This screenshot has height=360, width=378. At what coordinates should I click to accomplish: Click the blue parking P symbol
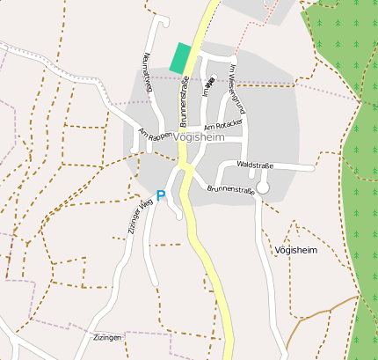(161, 195)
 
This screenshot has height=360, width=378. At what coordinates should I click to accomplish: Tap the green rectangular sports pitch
(180, 58)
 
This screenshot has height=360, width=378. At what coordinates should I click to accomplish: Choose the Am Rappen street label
(155, 136)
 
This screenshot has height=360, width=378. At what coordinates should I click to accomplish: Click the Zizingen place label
(106, 337)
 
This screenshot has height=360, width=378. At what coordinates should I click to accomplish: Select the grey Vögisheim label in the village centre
(200, 137)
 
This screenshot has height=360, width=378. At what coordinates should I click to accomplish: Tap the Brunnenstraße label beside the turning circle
(230, 189)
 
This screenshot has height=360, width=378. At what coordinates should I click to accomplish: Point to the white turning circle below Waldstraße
(263, 187)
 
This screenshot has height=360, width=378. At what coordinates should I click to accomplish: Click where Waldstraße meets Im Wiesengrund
(245, 164)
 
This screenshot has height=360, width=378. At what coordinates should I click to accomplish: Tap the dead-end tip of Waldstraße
(313, 166)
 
